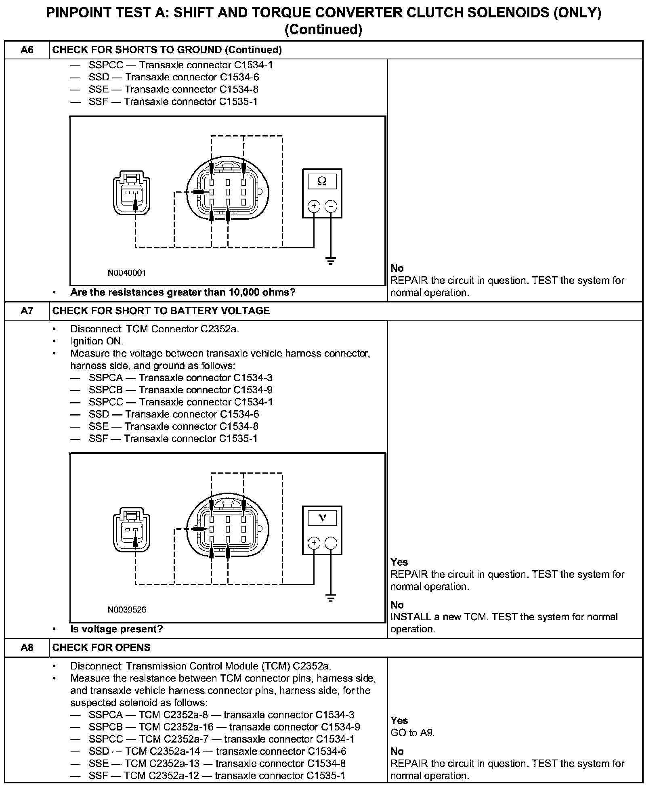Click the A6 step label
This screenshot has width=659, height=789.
point(27,50)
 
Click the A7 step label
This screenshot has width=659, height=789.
point(27,311)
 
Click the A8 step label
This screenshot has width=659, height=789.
point(27,647)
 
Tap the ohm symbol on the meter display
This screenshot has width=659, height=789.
point(322,181)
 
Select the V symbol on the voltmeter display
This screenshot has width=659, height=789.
point(322,518)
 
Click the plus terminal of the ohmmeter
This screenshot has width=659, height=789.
point(314,206)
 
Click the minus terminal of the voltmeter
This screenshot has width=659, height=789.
point(331,543)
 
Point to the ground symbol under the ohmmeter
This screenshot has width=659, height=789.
point(331,260)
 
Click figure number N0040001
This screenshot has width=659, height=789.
point(127,273)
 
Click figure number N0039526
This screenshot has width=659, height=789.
point(127,610)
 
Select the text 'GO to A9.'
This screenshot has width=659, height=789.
point(413,732)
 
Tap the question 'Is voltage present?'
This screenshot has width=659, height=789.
point(116,629)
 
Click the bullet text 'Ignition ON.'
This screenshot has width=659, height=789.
point(97,341)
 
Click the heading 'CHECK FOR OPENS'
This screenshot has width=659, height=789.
point(101,647)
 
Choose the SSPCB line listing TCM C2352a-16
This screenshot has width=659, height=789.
point(224,727)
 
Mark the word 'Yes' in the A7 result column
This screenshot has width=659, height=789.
point(399,562)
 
